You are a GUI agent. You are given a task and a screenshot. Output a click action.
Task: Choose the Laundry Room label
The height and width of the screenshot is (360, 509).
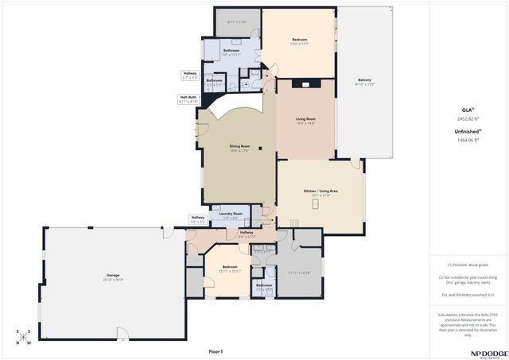pos(231,215)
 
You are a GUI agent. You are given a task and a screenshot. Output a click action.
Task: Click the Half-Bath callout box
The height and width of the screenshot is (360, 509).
pos(188,100)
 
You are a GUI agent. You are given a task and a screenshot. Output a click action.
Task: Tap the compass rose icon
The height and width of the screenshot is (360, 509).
pos(23,337)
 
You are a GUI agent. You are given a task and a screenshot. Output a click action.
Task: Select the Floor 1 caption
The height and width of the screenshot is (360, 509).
pos(216,350)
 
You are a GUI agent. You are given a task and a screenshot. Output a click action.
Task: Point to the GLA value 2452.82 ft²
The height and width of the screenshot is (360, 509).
pos(468,118)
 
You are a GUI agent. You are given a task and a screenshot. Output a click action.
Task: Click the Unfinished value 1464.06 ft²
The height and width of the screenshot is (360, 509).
pos(468,139)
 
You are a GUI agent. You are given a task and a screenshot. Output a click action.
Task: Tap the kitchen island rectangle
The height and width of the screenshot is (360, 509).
pos(316,203)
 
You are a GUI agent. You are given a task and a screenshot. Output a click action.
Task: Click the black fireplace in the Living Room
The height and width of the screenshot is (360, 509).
pos(306,83)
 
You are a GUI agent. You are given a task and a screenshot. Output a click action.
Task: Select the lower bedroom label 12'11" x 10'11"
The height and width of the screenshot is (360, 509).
pos(230,269)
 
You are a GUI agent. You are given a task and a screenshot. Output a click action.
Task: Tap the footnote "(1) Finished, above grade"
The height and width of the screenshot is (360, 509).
pos(468,265)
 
